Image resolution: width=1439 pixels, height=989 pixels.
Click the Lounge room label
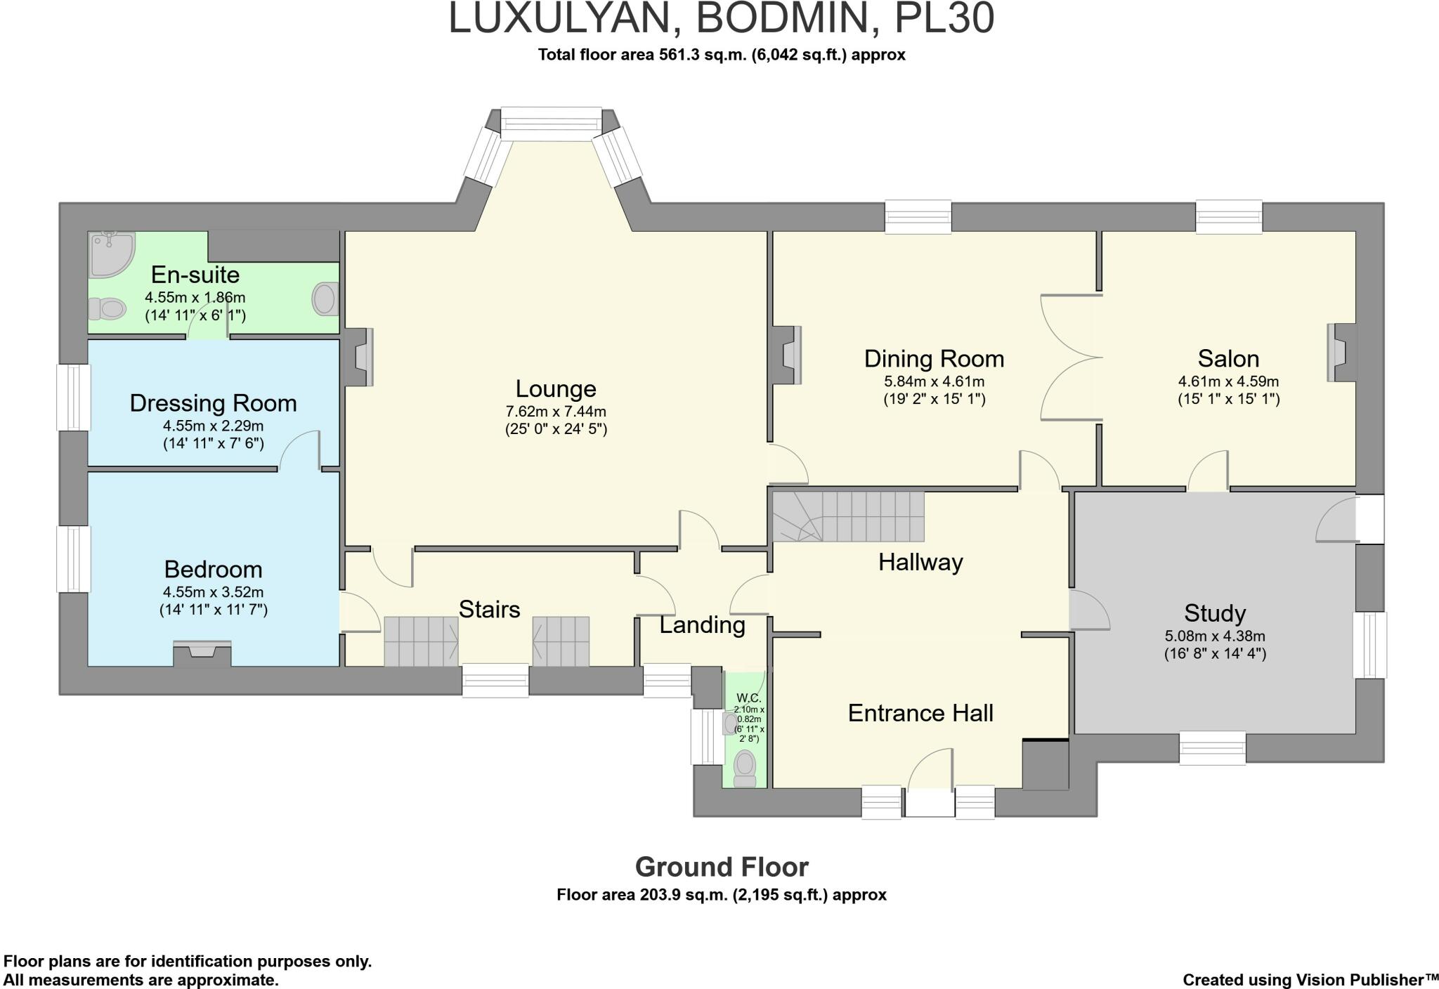tap(556, 388)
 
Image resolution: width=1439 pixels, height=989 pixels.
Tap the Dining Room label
tap(934, 359)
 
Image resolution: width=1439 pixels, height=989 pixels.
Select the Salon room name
tap(1228, 359)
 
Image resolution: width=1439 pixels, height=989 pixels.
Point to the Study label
tap(1215, 613)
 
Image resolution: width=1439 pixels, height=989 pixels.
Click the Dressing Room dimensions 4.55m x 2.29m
tap(214, 426)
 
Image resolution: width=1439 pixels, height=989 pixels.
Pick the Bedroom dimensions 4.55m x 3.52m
tap(214, 592)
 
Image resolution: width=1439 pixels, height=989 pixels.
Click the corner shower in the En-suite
tap(111, 252)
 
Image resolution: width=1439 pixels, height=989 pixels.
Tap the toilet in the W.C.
tap(745, 768)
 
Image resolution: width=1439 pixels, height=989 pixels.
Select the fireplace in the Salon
tap(1341, 352)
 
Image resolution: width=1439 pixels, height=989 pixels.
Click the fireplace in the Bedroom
tap(202, 653)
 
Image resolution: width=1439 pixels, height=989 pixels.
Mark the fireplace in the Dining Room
tap(786, 355)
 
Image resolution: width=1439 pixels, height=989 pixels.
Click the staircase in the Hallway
tap(848, 516)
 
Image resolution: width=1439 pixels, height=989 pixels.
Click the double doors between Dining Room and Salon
tap(1071, 358)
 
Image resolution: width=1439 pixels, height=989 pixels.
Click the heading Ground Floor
tap(722, 867)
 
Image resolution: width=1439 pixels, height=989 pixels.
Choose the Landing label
tap(702, 624)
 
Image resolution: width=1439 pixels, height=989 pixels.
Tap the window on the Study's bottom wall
tap(1212, 747)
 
